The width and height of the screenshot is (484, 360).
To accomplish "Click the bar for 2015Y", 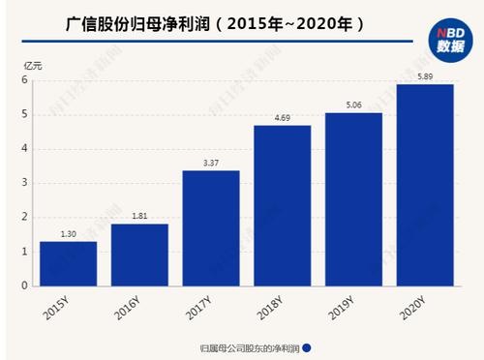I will click(x=69, y=263).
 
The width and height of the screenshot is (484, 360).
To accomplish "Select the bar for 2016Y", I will click(x=140, y=255).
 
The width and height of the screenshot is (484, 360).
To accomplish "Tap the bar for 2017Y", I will click(x=211, y=227).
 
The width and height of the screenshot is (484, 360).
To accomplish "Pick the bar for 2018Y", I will click(x=283, y=205).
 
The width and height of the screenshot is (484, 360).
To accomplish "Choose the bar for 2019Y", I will click(x=354, y=198).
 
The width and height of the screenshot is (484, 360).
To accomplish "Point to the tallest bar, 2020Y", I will click(x=426, y=185).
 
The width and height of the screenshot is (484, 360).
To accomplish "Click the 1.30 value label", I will click(x=69, y=234).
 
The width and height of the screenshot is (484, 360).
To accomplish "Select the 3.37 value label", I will click(x=211, y=164).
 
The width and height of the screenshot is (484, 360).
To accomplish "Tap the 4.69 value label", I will click(x=283, y=118).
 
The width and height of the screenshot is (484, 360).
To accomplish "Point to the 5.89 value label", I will click(x=426, y=77).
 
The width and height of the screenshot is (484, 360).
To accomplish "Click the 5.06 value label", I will click(x=354, y=105).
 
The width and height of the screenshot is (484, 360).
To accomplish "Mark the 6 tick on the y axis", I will click(x=25, y=80).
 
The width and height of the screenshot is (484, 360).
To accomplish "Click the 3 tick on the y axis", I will click(x=25, y=183).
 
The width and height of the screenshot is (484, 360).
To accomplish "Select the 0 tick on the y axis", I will click(x=25, y=285).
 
